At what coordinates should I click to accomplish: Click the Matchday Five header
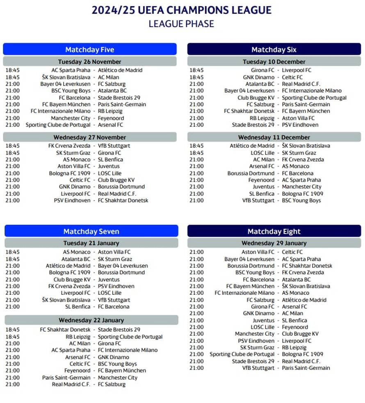(x=89, y=50)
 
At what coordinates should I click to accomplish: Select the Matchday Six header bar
(x=274, y=50)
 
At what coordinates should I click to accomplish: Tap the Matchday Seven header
(x=91, y=231)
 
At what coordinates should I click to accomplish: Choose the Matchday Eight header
(x=274, y=231)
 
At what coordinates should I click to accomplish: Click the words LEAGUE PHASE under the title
(x=181, y=24)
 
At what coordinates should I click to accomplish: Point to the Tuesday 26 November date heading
(x=89, y=62)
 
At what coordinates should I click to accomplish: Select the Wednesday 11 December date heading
(x=274, y=137)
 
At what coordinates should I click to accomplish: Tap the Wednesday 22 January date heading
(x=91, y=320)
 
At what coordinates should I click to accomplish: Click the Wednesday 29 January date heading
(x=274, y=243)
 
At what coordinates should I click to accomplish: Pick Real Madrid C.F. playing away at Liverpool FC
(x=117, y=194)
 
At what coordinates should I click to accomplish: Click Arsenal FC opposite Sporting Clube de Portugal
(x=110, y=125)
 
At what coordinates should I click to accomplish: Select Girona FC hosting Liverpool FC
(x=263, y=70)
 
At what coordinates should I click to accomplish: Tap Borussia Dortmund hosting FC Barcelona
(x=251, y=173)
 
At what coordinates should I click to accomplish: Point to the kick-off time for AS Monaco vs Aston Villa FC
(x=12, y=252)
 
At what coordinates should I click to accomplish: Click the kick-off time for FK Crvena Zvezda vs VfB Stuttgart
(x=12, y=146)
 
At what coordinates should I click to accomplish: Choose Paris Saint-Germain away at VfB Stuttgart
(x=306, y=368)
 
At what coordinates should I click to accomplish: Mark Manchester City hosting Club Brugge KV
(x=255, y=334)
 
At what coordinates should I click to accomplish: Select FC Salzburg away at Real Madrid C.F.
(x=112, y=385)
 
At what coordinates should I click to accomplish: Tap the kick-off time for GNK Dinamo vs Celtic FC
(x=196, y=77)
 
